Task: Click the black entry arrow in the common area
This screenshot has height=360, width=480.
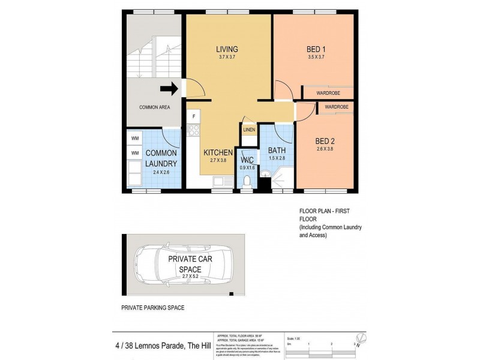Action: [x=170, y=90]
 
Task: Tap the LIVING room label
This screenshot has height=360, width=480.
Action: [x=227, y=49]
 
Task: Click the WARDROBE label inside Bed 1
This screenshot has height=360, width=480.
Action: [x=328, y=94]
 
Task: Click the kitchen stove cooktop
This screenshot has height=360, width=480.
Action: [x=193, y=128]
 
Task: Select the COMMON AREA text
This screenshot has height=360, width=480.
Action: [x=154, y=107]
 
